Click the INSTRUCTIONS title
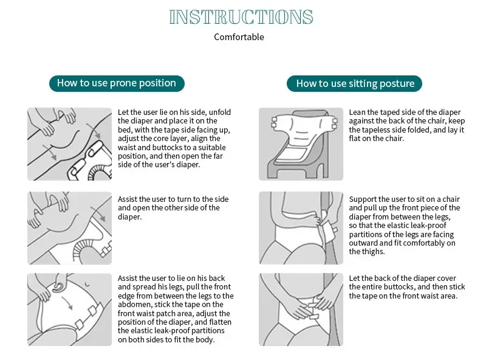point(241,17)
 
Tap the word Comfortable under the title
point(239,37)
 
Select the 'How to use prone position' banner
point(117,83)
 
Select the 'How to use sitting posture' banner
point(354,83)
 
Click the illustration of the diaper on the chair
point(301,144)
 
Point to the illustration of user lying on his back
point(69,310)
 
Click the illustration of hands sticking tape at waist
point(301,310)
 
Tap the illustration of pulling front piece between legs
point(301,228)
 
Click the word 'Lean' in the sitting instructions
point(357,112)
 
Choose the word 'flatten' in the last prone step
point(218,322)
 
